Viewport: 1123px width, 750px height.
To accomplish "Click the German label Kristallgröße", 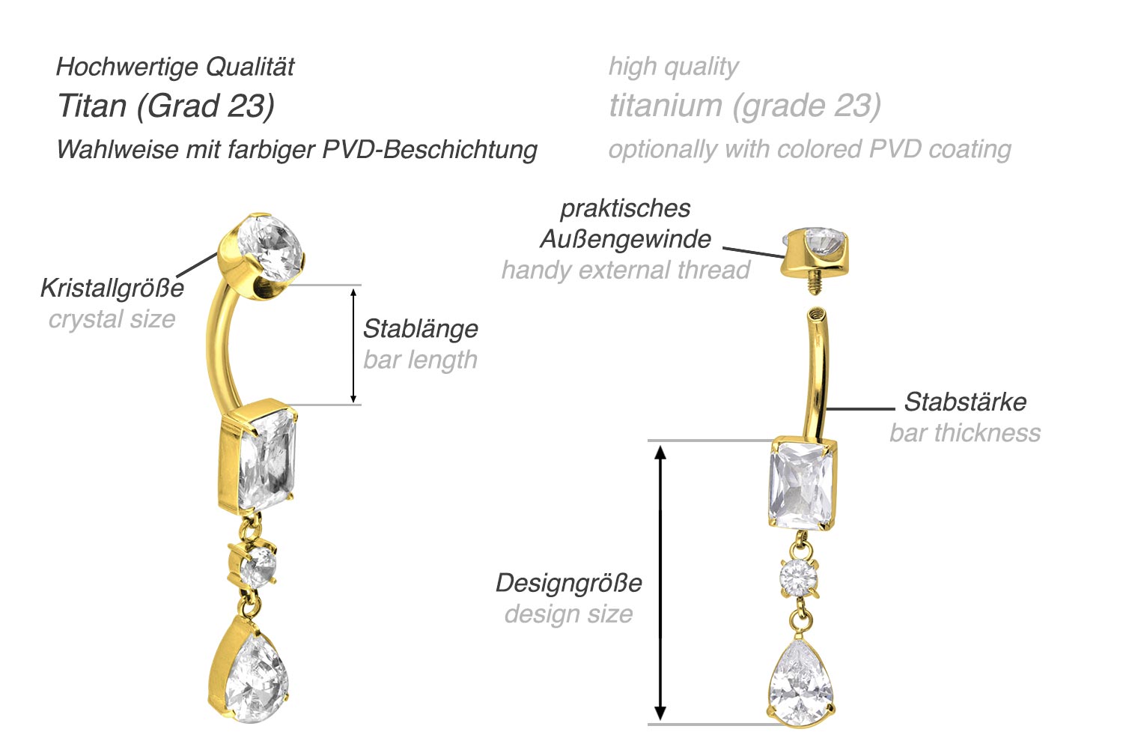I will [x=112, y=288].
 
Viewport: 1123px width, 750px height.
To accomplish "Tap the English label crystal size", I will [x=112, y=319].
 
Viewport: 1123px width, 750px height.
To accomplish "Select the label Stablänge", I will [x=420, y=328].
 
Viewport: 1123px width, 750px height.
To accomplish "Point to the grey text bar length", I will [x=420, y=360].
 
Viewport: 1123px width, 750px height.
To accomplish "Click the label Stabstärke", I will [x=965, y=402].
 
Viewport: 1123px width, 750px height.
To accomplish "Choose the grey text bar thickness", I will [x=965, y=433].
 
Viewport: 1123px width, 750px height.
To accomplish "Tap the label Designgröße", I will [x=569, y=582].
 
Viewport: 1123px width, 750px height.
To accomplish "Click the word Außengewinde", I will [x=625, y=239].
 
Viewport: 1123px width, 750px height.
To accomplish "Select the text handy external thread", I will [x=625, y=270].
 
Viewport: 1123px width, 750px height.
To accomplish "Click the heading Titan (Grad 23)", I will [x=166, y=106].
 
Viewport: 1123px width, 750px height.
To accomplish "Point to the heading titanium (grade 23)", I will [x=745, y=106].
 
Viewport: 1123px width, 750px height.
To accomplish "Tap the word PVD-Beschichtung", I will [x=430, y=149].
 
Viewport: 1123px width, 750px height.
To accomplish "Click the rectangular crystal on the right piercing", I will [x=801, y=486].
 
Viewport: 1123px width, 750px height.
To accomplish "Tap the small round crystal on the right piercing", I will [x=799, y=577].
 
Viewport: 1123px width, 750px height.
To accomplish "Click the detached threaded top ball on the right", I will [x=815, y=255].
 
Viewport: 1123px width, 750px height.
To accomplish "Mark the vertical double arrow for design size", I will [x=660, y=582].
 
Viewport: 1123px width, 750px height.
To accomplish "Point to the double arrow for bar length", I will [x=354, y=345].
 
